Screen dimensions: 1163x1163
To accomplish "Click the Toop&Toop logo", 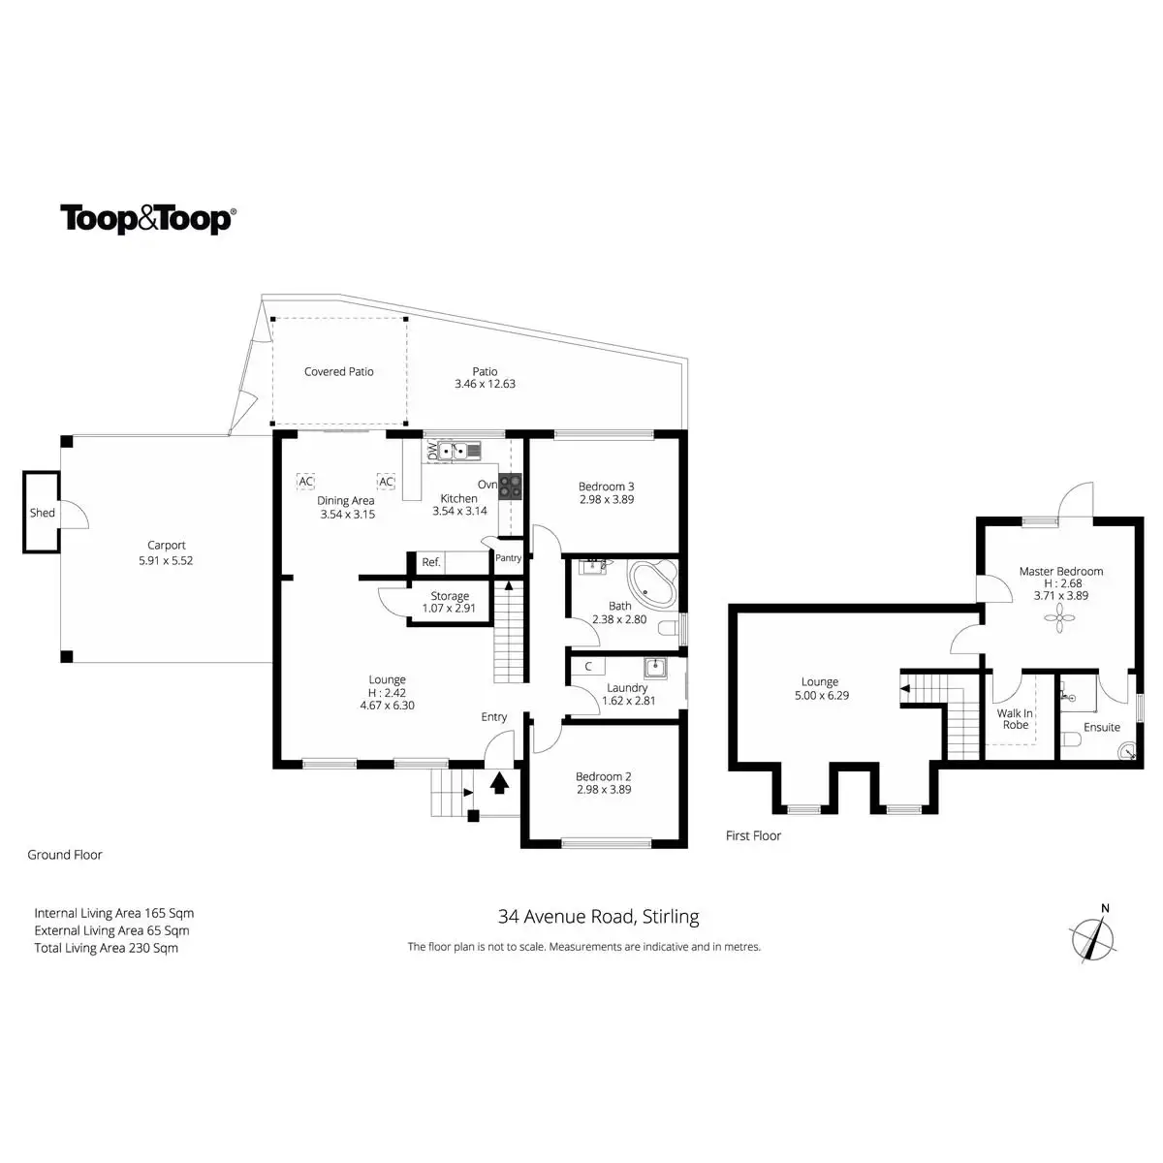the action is pyautogui.click(x=147, y=219).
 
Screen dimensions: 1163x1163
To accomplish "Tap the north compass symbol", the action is pyautogui.click(x=1093, y=936).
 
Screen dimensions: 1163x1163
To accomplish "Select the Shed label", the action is pyautogui.click(x=43, y=513).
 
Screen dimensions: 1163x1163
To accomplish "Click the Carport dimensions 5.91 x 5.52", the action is pyautogui.click(x=167, y=560).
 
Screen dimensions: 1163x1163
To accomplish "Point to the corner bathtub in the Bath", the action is pyautogui.click(x=653, y=583).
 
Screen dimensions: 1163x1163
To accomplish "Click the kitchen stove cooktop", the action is pyautogui.click(x=511, y=486).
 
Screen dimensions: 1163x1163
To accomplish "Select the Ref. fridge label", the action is pyautogui.click(x=431, y=562).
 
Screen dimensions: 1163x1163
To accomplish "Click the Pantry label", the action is pyautogui.click(x=508, y=558).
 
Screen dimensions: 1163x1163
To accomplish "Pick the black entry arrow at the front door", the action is pyautogui.click(x=500, y=782).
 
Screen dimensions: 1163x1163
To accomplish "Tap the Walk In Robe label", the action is pyautogui.click(x=1015, y=719).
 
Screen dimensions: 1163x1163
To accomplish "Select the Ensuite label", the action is pyautogui.click(x=1102, y=727).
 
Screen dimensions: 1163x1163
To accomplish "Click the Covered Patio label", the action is pyautogui.click(x=338, y=372).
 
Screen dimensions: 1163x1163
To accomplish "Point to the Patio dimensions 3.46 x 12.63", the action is pyautogui.click(x=485, y=384).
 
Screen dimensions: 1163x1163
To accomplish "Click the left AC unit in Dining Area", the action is pyautogui.click(x=305, y=482).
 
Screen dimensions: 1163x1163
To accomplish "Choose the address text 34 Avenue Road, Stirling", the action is pyautogui.click(x=598, y=916).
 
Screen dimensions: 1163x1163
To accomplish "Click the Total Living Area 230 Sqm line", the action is pyautogui.click(x=107, y=948).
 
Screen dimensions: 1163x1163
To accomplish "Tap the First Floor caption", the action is pyautogui.click(x=753, y=835).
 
